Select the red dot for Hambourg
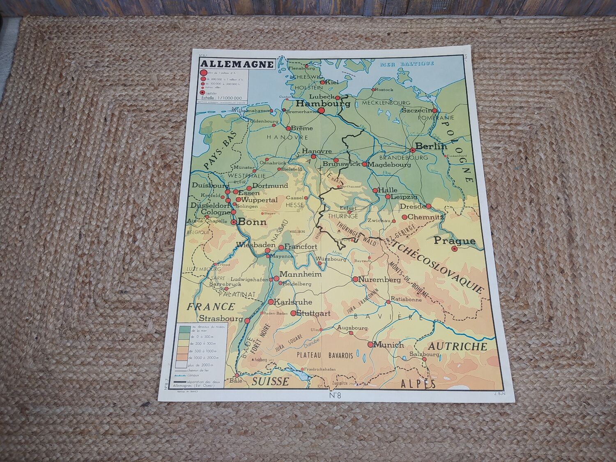coord(321,110)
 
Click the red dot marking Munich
coord(370,345)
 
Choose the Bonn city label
coord(252,222)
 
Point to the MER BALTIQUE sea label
coord(407,63)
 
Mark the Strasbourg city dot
coord(247,320)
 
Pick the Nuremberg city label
coord(380,280)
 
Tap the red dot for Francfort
coord(281,248)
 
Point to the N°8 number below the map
coord(335,396)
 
